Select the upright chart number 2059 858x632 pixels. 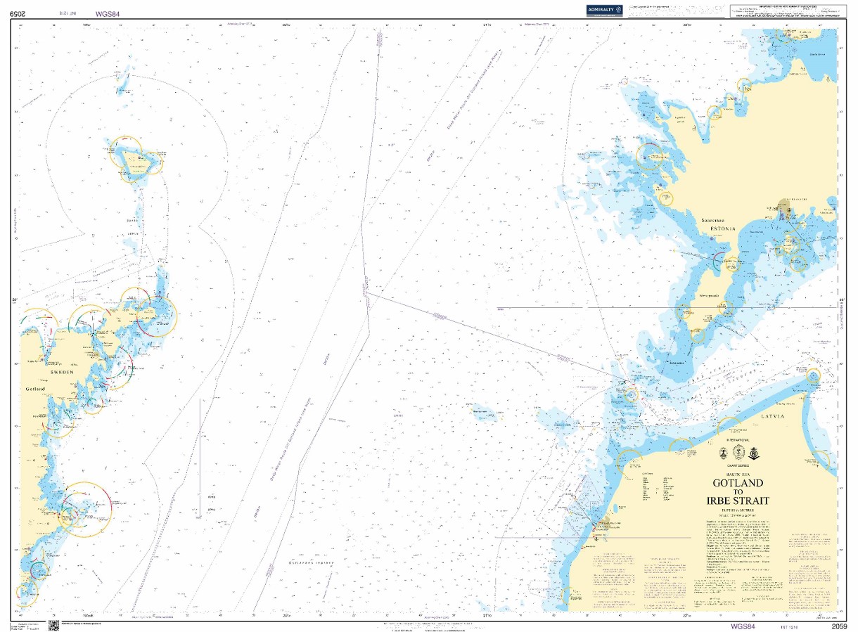tap(838, 626)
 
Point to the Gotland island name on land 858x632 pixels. tap(35, 388)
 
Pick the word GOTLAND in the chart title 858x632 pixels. tap(738, 484)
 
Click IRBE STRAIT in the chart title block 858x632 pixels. tap(738, 501)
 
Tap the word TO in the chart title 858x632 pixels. tap(738, 492)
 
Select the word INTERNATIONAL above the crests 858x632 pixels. tap(738, 439)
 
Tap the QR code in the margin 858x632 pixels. tap(53, 625)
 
